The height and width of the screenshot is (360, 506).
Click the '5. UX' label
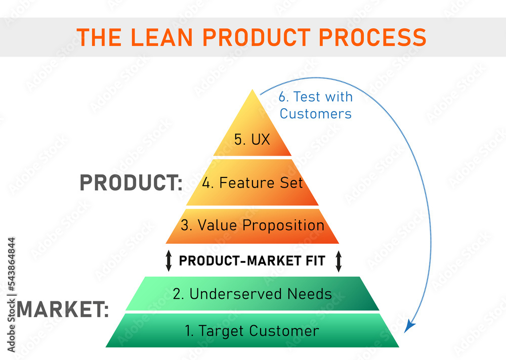click(x=252, y=140)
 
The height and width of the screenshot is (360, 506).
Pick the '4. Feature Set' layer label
click(x=252, y=183)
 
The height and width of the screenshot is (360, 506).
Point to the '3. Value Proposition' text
click(x=252, y=225)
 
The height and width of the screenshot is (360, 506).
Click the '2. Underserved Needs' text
click(x=252, y=294)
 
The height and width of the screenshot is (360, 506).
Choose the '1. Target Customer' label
click(x=252, y=331)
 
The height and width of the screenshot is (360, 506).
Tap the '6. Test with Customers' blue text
click(x=315, y=105)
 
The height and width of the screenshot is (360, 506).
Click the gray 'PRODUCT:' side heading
click(x=131, y=183)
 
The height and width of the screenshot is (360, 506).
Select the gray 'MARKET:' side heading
click(x=63, y=309)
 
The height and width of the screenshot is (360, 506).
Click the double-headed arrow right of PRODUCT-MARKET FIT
click(x=339, y=261)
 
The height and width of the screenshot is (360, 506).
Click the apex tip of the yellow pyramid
click(x=252, y=91)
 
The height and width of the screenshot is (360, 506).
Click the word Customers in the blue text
click(x=315, y=113)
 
